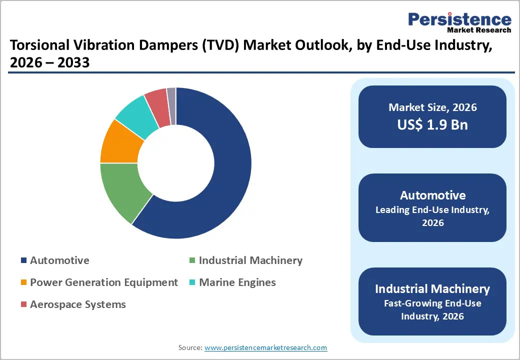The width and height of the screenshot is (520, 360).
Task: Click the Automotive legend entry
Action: (x=59, y=260)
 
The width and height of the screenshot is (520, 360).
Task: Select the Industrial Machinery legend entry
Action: (x=250, y=260)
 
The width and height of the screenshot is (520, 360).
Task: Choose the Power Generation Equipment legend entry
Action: (x=103, y=282)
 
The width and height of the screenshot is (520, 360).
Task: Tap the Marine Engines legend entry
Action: (x=237, y=282)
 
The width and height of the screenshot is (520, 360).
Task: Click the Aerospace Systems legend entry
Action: (x=77, y=304)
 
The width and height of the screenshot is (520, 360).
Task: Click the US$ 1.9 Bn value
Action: (x=432, y=124)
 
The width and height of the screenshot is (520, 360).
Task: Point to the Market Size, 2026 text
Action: (x=432, y=107)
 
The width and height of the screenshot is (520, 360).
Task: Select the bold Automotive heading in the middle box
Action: (x=432, y=195)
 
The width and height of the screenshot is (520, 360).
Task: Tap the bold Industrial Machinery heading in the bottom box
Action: (x=432, y=288)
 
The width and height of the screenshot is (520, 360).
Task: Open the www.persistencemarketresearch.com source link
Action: (x=265, y=347)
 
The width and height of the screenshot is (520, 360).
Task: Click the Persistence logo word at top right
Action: (x=459, y=19)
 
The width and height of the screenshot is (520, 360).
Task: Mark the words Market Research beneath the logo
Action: (x=479, y=30)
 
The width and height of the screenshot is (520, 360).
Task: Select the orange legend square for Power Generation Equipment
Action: (x=23, y=283)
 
